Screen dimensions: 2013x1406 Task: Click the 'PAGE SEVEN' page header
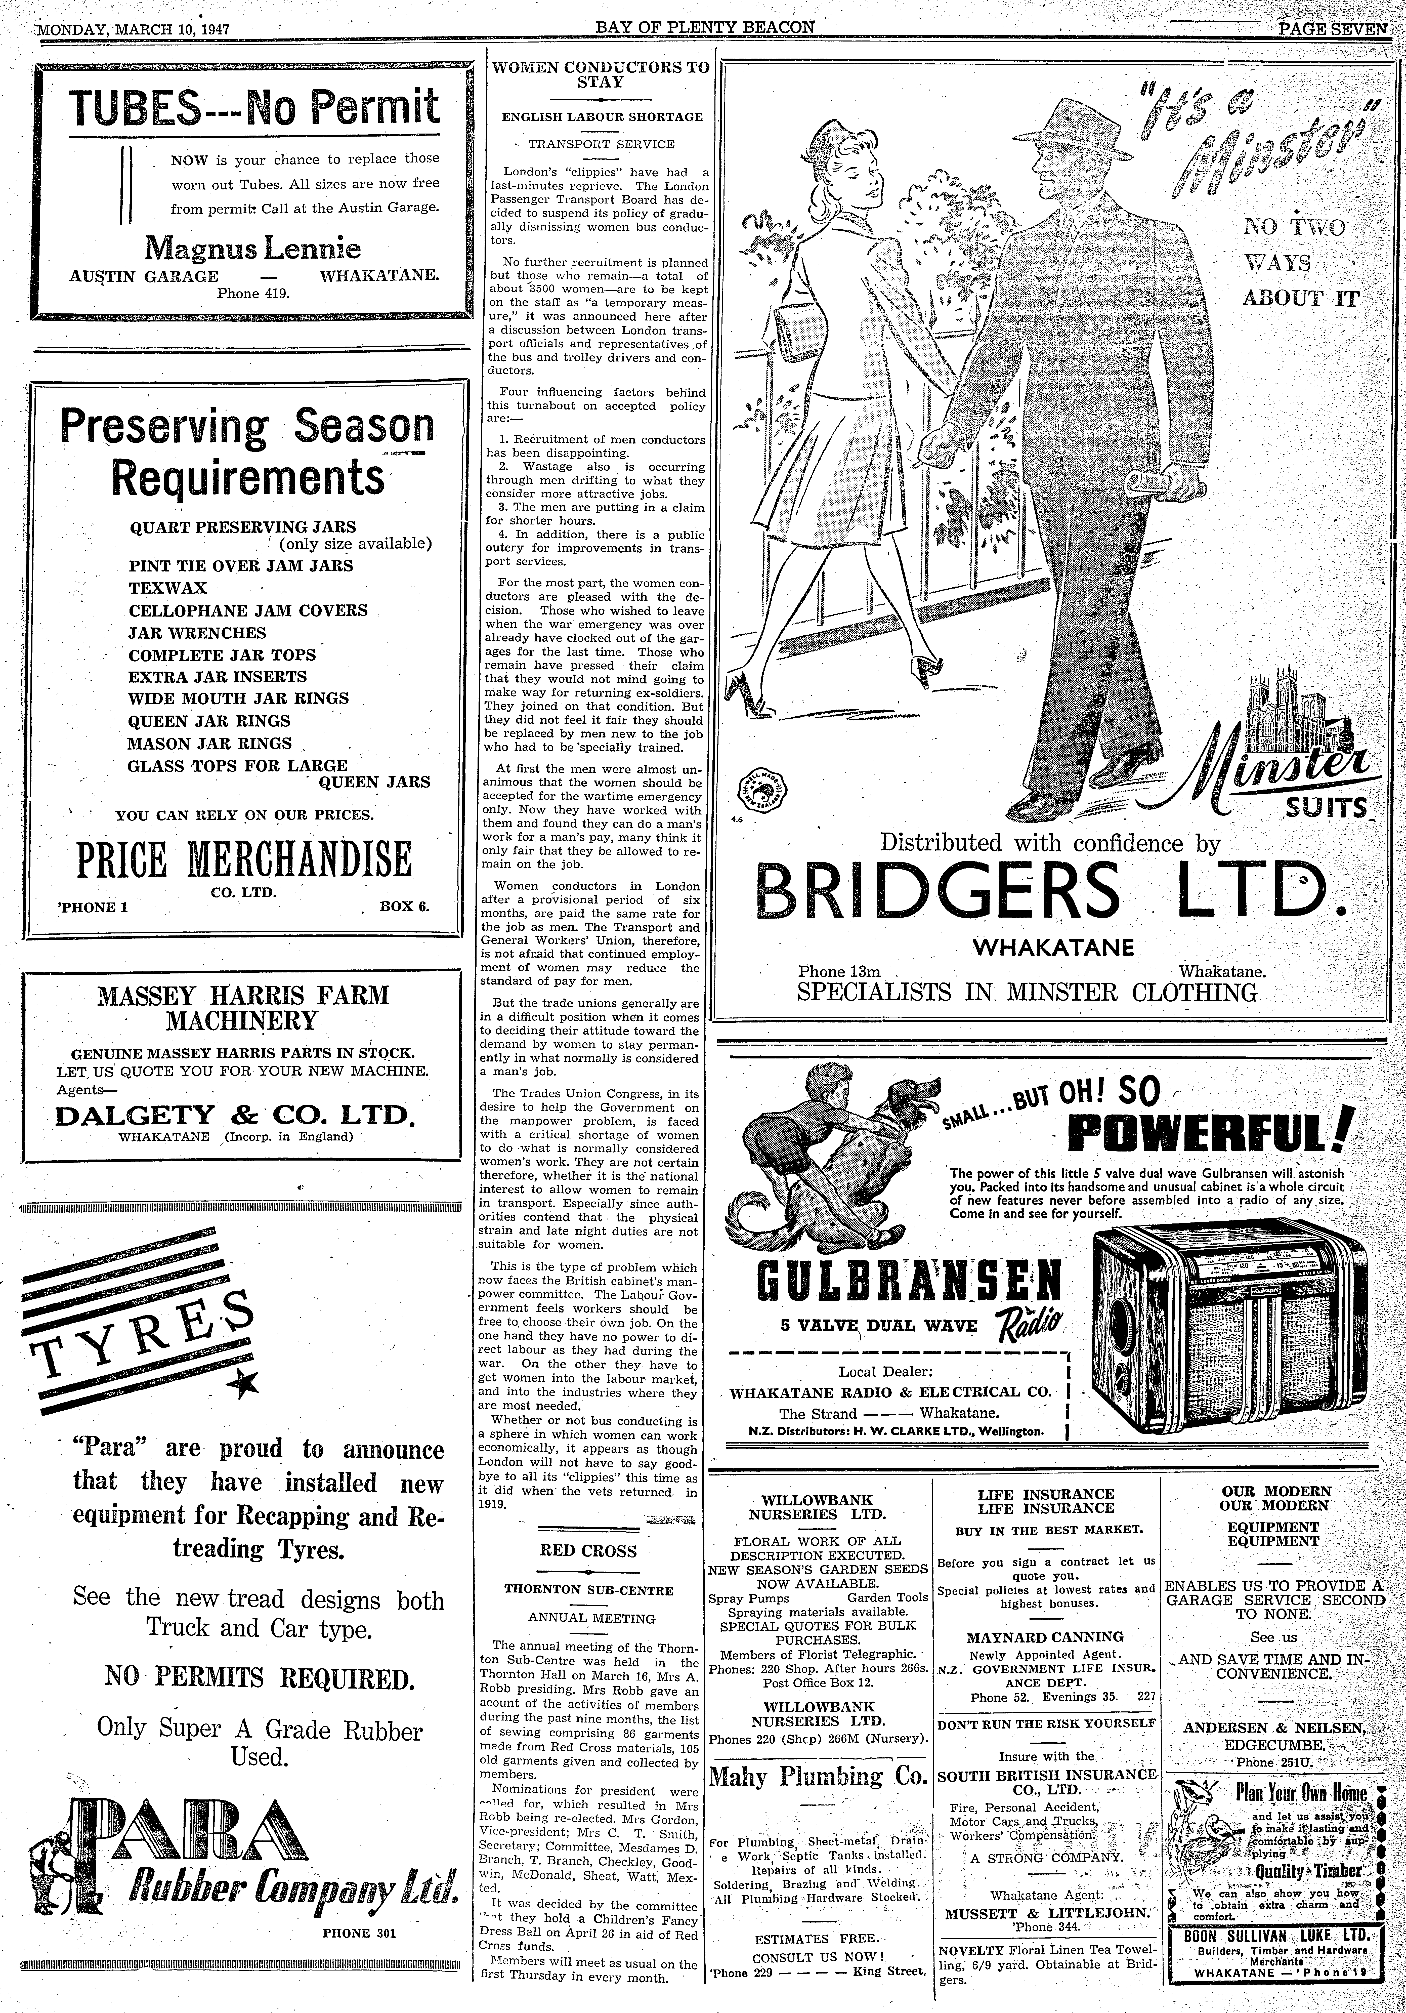(1332, 28)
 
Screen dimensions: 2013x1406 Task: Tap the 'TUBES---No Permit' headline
(254, 108)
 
